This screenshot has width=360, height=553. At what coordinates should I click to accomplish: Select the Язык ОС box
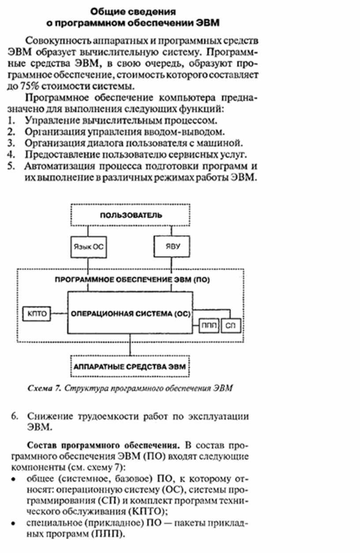89,246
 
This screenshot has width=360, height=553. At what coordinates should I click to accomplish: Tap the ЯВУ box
170,246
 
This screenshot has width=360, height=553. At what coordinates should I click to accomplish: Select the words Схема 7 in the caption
44,389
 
